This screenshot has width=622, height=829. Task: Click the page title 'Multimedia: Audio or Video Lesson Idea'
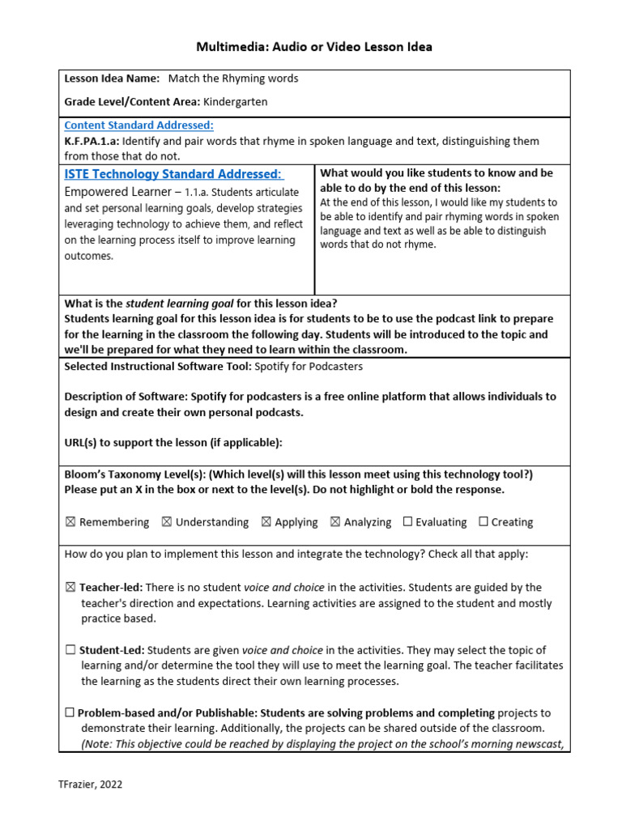(x=314, y=47)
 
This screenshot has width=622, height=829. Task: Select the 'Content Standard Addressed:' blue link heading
(x=138, y=125)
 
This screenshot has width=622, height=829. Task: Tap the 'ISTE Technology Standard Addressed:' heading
(x=173, y=174)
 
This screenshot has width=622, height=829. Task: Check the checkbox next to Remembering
(x=70, y=522)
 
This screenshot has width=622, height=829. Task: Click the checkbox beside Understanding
(x=167, y=522)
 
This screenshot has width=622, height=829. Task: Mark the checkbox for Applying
(x=266, y=522)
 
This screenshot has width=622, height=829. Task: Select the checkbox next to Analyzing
(x=335, y=522)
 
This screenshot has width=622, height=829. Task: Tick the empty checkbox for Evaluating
(x=407, y=522)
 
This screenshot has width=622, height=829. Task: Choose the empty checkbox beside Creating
(x=484, y=522)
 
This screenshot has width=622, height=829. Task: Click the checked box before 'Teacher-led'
(x=70, y=588)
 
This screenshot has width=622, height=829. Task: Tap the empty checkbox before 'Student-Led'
(x=70, y=650)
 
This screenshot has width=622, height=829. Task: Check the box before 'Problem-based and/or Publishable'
(x=70, y=713)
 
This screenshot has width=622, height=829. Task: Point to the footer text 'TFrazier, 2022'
(x=91, y=784)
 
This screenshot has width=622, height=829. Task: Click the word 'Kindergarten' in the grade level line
(x=235, y=102)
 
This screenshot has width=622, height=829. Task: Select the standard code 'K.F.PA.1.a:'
(x=92, y=141)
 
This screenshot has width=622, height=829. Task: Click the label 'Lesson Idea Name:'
(x=112, y=79)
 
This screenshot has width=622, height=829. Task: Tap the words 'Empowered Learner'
(x=117, y=193)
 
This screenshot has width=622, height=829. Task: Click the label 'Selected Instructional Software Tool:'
(x=158, y=366)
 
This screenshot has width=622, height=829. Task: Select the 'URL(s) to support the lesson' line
(x=173, y=442)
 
